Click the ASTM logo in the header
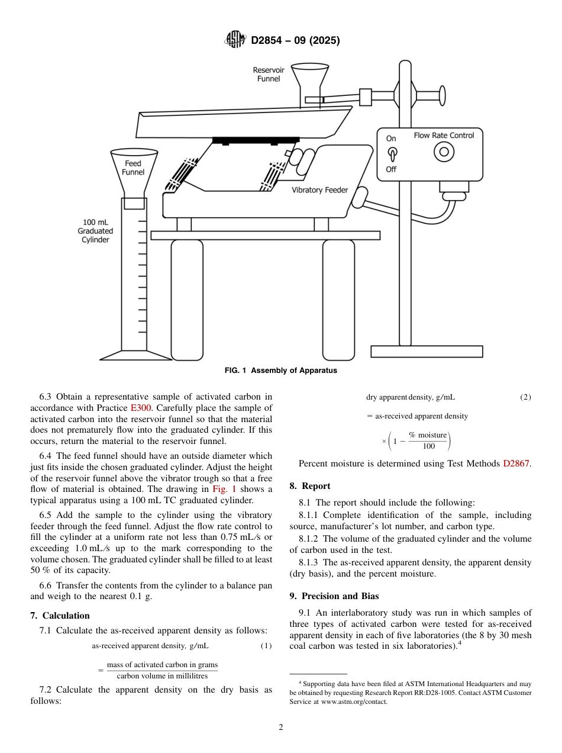coord(235,40)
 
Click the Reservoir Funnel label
coord(269,74)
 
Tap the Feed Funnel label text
coord(133,168)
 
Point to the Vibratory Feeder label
coord(320,190)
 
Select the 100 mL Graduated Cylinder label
coord(95,231)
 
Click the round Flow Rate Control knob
coord(443,152)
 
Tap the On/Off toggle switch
coord(391,154)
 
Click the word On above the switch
coord(391,139)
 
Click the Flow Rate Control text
coord(444,136)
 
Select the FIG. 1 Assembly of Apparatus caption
coord(281,371)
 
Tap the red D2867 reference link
coord(516,464)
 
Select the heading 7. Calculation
coord(60,616)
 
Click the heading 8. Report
coord(310,486)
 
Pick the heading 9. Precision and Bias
coord(334,596)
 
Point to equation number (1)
coord(266,645)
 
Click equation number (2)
coord(525,397)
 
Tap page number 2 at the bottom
coord(281,728)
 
